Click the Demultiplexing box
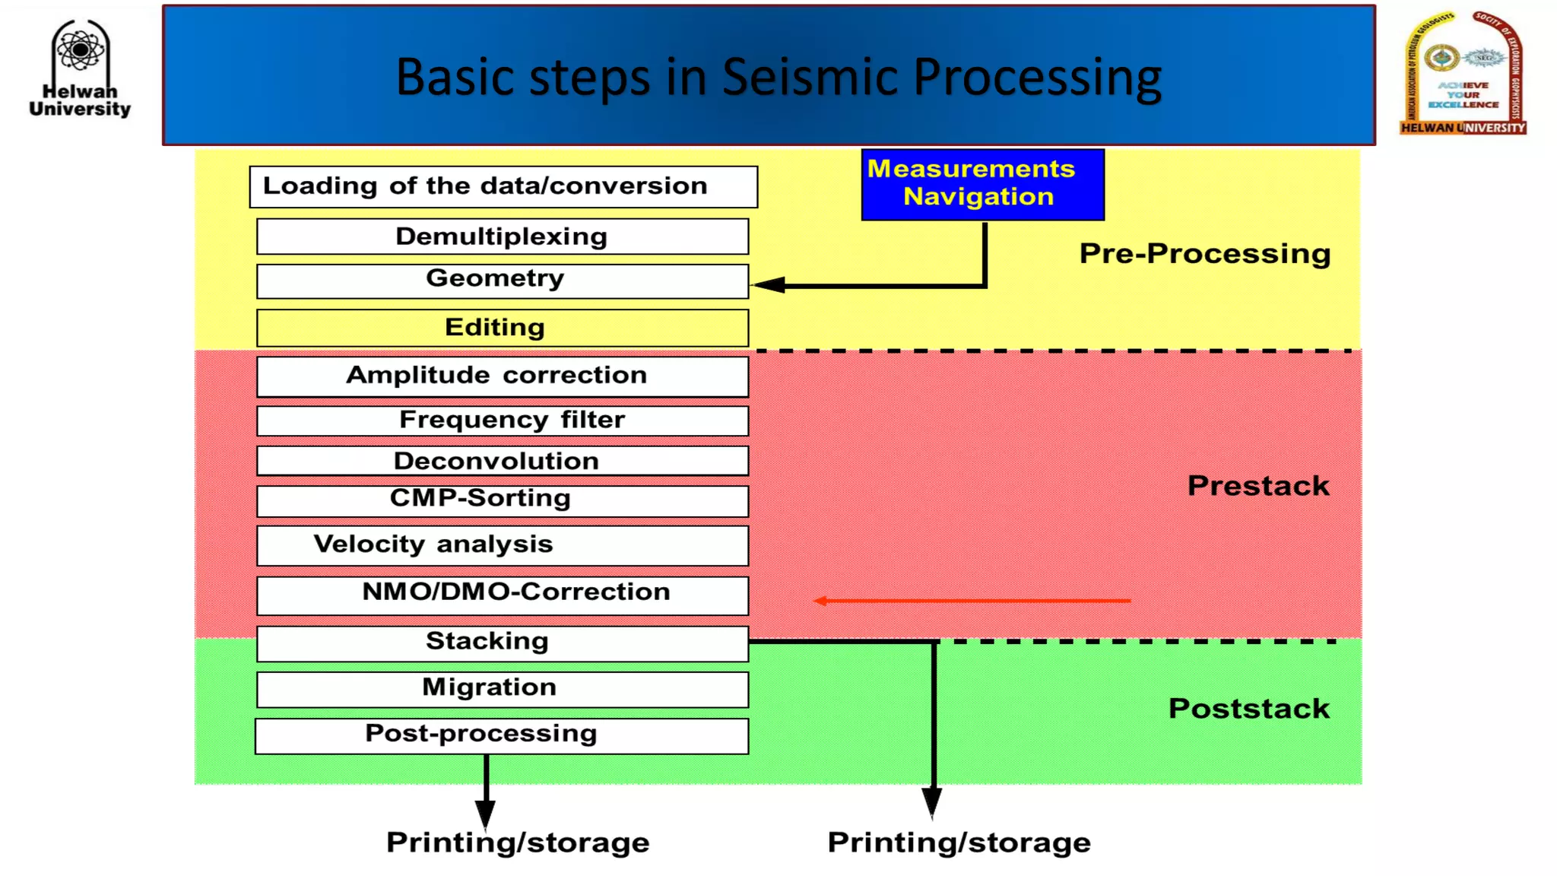pos(503,236)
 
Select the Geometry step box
pos(503,281)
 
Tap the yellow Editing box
pos(503,328)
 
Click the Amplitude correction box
pos(503,376)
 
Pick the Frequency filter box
pos(503,420)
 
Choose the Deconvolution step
pos(503,461)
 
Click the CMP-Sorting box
pos(503,500)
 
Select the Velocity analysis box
pos(503,545)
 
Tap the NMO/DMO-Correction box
pos(503,594)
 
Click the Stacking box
pos(503,643)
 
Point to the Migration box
pos(503,688)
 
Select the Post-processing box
pos(501,735)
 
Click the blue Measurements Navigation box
pos(982,184)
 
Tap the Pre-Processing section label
pos(1205,254)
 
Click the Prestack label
pos(1258,486)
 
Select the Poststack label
pos(1249,709)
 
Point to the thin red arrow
pos(973,601)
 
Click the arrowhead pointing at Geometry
pos(769,285)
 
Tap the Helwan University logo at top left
pos(80,68)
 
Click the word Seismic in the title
pos(809,78)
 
